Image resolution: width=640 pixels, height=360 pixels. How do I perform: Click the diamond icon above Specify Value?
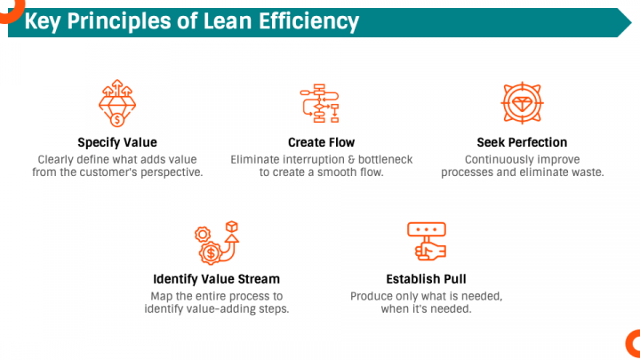point(117,103)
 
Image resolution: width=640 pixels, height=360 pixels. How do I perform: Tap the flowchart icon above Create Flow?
point(320,103)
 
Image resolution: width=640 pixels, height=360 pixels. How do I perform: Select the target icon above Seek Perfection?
point(522,103)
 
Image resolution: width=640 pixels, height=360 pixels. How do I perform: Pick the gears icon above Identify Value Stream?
point(217,243)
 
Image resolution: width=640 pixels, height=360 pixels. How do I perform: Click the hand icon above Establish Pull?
point(427,241)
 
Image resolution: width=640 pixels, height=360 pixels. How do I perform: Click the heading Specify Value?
point(117,142)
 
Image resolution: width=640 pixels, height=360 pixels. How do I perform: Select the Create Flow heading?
point(321,142)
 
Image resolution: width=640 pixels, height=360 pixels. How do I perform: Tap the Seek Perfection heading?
point(522,142)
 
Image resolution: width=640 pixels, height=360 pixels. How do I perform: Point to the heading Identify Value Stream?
point(216,279)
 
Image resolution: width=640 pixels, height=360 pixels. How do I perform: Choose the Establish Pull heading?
point(426,279)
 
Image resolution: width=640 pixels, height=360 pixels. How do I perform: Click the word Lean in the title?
point(228,21)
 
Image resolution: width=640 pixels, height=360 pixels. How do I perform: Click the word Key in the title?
point(43,22)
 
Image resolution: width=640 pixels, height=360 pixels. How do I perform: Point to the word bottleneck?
point(385,160)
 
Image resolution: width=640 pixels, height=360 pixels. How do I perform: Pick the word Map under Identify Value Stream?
point(160,297)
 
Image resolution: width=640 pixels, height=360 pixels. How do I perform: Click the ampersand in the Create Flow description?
point(351,160)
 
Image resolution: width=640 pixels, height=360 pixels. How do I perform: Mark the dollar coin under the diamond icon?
point(117,120)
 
